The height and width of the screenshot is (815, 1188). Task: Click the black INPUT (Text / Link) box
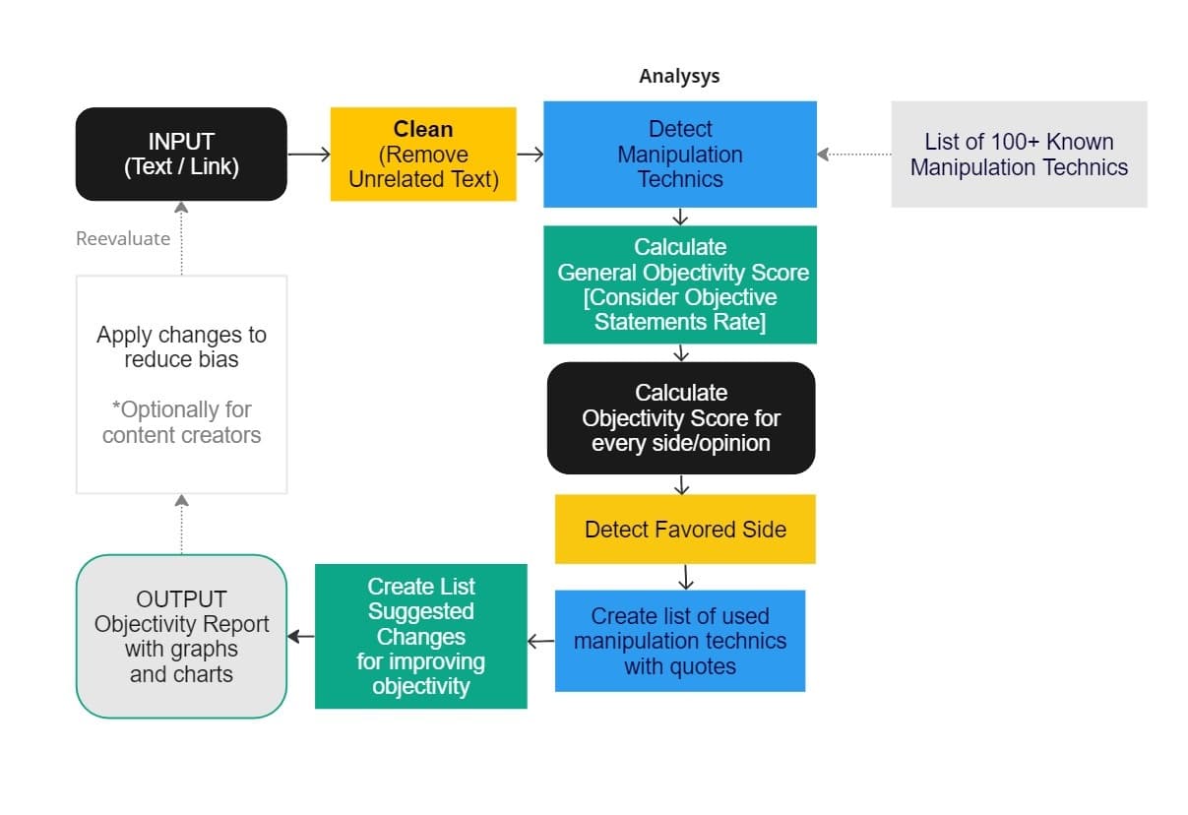point(181,154)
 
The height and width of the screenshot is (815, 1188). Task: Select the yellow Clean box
point(423,155)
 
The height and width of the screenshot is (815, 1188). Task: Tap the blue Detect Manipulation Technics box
point(679,155)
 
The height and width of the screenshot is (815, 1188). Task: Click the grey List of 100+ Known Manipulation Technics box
point(1019,155)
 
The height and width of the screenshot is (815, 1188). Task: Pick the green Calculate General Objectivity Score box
point(679,284)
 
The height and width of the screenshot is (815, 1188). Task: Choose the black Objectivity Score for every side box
point(681,418)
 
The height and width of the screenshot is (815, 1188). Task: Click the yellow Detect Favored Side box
point(685,530)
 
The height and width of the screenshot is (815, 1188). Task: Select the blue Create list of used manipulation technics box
point(679,641)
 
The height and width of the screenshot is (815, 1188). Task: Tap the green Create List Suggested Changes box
point(420,636)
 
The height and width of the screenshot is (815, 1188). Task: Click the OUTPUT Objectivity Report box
point(181,637)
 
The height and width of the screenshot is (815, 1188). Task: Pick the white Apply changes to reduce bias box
point(181,384)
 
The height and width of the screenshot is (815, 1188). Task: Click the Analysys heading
point(679,76)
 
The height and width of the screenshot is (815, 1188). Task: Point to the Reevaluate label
point(123,238)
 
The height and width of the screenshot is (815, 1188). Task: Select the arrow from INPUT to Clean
point(308,155)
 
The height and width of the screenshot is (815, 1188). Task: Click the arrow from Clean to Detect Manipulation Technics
point(530,155)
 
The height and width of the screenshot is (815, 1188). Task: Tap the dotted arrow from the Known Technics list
point(853,155)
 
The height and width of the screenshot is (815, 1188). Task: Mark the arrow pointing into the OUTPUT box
point(301,637)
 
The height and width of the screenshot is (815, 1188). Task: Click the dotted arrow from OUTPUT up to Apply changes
point(181,524)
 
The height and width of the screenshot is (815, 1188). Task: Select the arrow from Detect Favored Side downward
point(686,577)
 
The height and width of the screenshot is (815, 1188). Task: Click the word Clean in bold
point(423,129)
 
